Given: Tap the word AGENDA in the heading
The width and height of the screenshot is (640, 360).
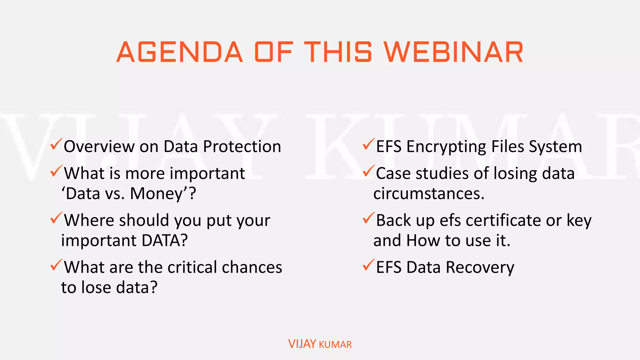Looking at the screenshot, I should point(180,52).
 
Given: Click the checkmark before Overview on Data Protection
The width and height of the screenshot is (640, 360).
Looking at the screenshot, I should point(56,144).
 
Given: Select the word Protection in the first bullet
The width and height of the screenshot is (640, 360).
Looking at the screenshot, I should point(242,147).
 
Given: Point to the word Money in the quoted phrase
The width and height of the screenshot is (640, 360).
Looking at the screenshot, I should point(156,193).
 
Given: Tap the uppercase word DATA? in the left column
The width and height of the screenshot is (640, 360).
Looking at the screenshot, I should point(165,240).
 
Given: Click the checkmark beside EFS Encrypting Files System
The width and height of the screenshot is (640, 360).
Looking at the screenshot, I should point(368,144).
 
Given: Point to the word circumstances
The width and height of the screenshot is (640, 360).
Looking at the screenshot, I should point(429,193).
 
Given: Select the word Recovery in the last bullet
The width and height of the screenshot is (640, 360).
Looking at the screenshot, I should point(480,268).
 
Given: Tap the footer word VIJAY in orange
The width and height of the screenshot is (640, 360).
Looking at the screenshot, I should point(302,344).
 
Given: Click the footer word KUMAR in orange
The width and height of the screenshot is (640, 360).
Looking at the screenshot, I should point(335,345).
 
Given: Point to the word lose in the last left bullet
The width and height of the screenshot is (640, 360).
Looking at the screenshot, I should point(96,287).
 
